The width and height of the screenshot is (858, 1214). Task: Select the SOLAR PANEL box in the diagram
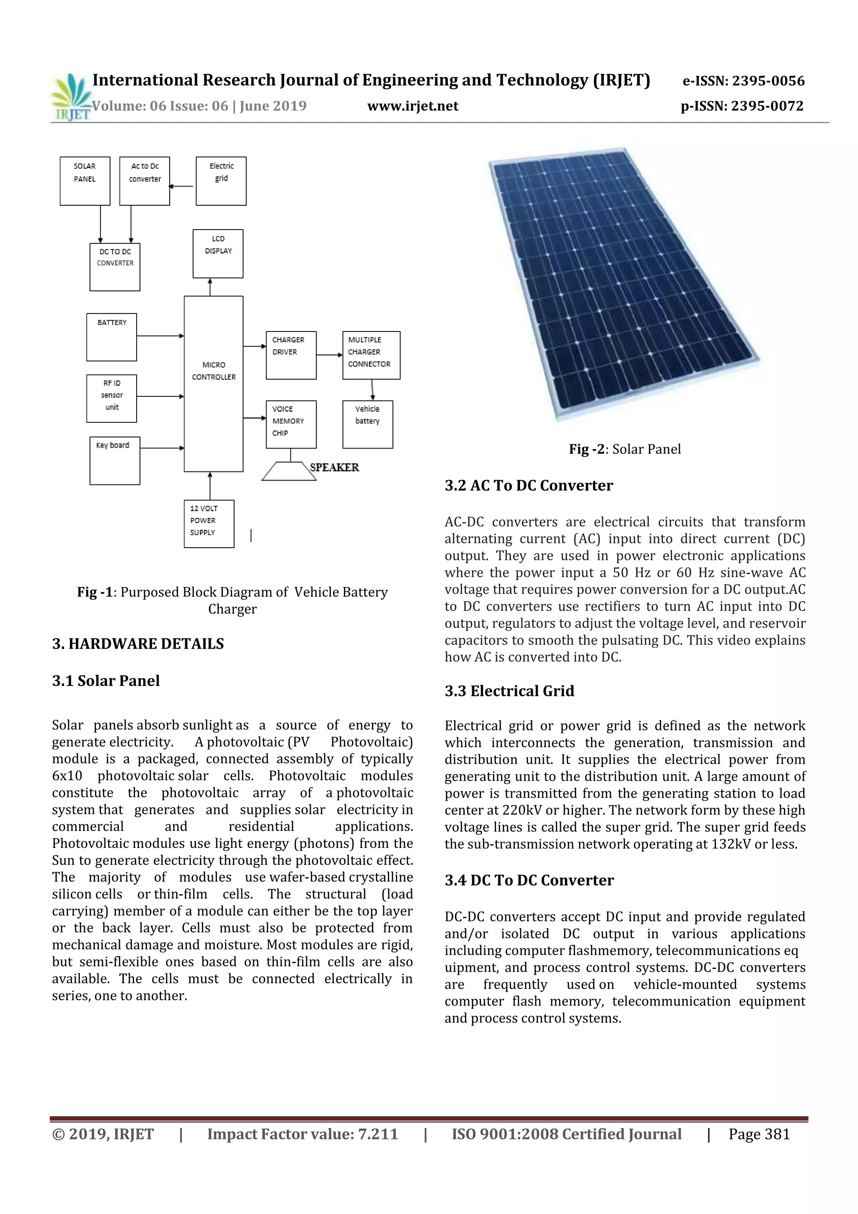(x=85, y=181)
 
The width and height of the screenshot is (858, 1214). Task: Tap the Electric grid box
(x=221, y=181)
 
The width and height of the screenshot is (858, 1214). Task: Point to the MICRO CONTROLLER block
(x=214, y=383)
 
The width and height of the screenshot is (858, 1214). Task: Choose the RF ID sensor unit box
(x=111, y=398)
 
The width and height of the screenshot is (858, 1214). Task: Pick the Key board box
(x=115, y=461)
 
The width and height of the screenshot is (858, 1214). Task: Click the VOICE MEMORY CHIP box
(x=291, y=424)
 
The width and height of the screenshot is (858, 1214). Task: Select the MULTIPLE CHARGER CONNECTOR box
(x=371, y=355)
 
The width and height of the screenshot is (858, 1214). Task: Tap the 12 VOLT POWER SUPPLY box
(x=209, y=523)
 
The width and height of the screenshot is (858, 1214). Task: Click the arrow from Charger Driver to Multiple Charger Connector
(x=329, y=355)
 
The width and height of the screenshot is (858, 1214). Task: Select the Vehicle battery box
(x=367, y=424)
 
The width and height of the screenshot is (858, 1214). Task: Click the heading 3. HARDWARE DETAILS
(x=138, y=644)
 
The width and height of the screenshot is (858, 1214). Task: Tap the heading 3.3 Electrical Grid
(x=509, y=691)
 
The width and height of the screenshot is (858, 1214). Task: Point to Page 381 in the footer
(x=759, y=1134)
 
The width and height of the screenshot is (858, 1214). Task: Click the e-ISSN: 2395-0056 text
(x=743, y=81)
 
